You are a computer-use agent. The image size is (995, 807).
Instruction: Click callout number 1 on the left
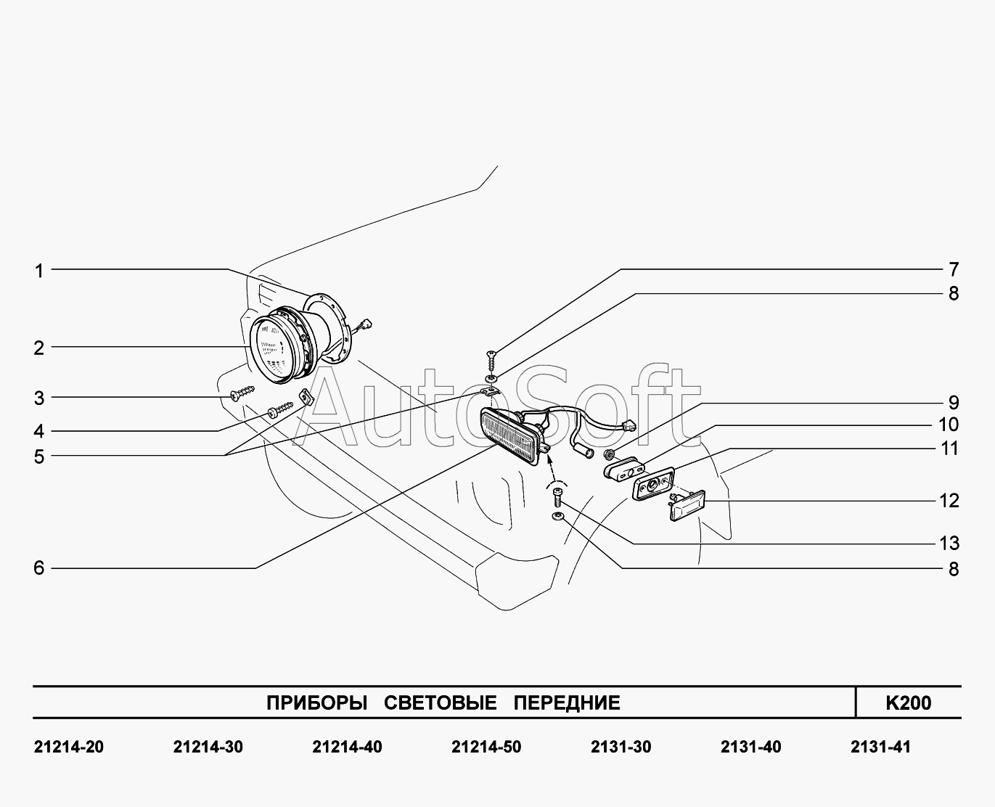coord(39,271)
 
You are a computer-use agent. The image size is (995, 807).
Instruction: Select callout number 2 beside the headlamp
coord(39,348)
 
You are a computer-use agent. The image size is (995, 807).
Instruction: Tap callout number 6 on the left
coord(39,568)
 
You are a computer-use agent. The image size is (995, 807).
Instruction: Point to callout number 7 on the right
coord(953,270)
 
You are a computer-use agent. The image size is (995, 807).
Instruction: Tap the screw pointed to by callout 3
coord(240,393)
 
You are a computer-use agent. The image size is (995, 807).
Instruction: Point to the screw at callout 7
coord(492,358)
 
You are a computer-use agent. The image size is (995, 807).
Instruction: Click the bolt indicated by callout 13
coord(557,497)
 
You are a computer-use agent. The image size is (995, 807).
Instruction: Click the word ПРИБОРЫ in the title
coord(316,702)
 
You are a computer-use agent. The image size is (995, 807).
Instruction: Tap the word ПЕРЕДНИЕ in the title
coord(567,702)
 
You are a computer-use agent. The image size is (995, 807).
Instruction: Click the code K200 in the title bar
coord(908,702)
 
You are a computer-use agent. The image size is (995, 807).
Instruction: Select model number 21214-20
coord(69,747)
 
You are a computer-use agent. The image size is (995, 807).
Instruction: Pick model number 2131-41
coord(880,747)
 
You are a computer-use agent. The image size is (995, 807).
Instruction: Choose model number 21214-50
coord(486,747)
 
